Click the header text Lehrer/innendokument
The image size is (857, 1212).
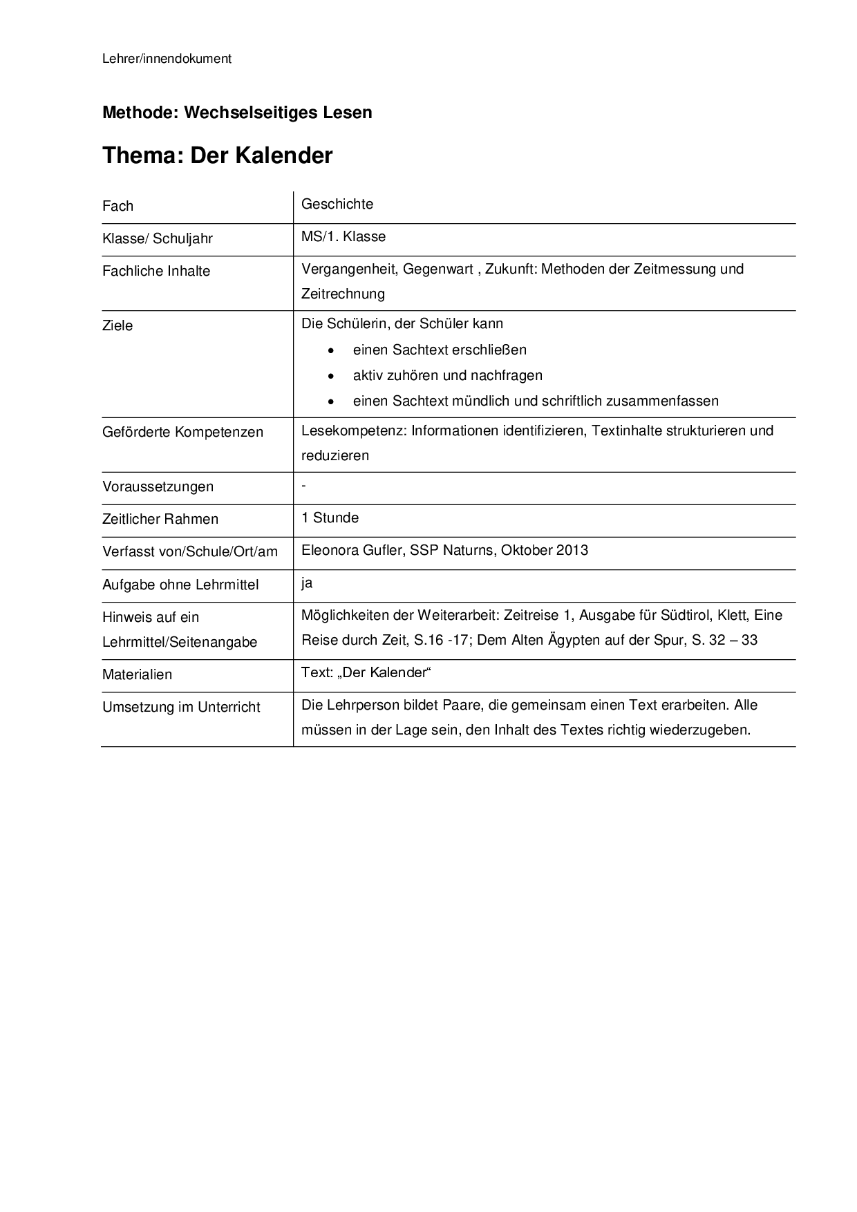pyautogui.click(x=167, y=59)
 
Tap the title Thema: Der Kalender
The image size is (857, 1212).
pyautogui.click(x=217, y=155)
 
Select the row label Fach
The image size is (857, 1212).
pyautogui.click(x=117, y=206)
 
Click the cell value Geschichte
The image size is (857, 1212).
pyautogui.click(x=337, y=204)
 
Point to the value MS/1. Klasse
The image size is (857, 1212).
pyautogui.click(x=343, y=236)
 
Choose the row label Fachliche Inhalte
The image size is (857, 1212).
pyautogui.click(x=156, y=271)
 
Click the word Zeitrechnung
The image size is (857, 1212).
pyautogui.click(x=343, y=294)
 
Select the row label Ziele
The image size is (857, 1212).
pyautogui.click(x=117, y=325)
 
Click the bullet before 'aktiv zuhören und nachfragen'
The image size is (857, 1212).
pyautogui.click(x=332, y=376)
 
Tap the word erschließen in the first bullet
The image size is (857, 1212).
pyautogui.click(x=492, y=350)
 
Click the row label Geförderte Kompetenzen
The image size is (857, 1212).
pyautogui.click(x=182, y=432)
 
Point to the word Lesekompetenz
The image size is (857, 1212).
pyautogui.click(x=354, y=430)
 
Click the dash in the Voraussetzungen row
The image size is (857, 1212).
pyautogui.click(x=304, y=486)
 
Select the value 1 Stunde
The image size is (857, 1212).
pyautogui.click(x=330, y=518)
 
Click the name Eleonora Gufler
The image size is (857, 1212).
pyautogui.click(x=351, y=550)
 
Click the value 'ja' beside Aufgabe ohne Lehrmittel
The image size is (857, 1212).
pyautogui.click(x=307, y=583)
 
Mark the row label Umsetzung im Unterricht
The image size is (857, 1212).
pyautogui.click(x=181, y=707)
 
